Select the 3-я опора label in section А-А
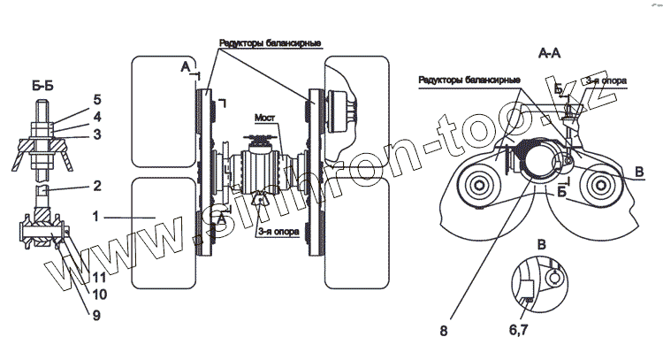pyautogui.click(x=608, y=80)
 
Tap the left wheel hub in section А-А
pyautogui.click(x=482, y=187)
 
